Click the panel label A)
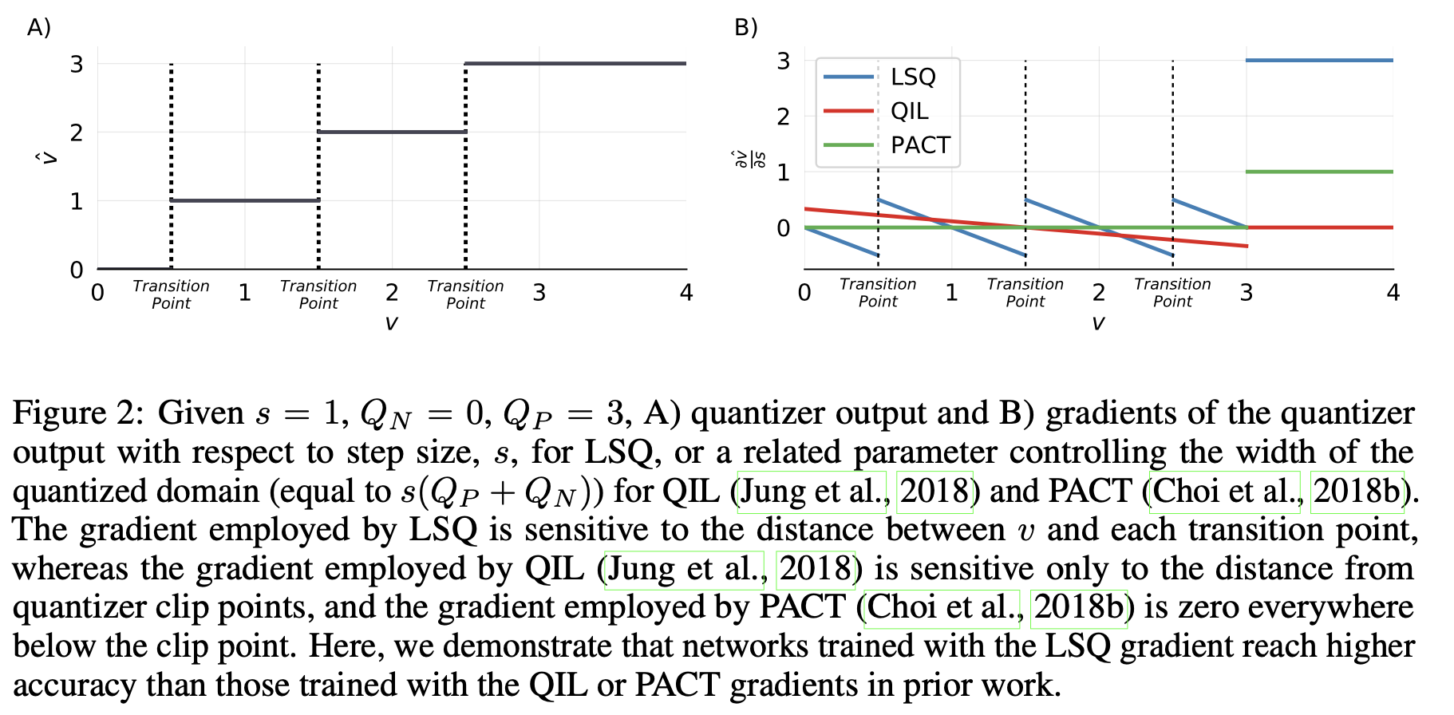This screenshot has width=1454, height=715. tap(39, 27)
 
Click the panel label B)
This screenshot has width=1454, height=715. tap(745, 27)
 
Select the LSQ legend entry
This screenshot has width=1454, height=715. tap(912, 77)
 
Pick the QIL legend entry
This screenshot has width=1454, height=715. tap(909, 111)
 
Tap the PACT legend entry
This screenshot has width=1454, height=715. tap(920, 145)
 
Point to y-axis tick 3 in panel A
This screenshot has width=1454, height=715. tap(77, 64)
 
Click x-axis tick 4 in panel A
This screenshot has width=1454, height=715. tap(686, 293)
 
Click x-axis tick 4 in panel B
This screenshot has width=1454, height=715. tap(1393, 293)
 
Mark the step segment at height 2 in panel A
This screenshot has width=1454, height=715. tap(392, 132)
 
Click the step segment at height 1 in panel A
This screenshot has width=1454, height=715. tap(245, 200)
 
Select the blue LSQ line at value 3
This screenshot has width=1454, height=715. tap(1319, 60)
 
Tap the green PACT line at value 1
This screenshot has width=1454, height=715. tap(1319, 172)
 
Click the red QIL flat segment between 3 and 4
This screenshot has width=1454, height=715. tap(1319, 227)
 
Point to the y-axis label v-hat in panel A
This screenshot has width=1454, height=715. tap(49, 156)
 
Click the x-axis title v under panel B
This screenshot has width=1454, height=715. tap(1098, 322)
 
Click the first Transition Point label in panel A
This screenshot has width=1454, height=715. tap(171, 294)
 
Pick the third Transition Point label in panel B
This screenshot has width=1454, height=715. tap(1171, 293)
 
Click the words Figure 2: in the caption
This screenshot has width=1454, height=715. tap(77, 413)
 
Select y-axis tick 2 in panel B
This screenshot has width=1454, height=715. tap(783, 117)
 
